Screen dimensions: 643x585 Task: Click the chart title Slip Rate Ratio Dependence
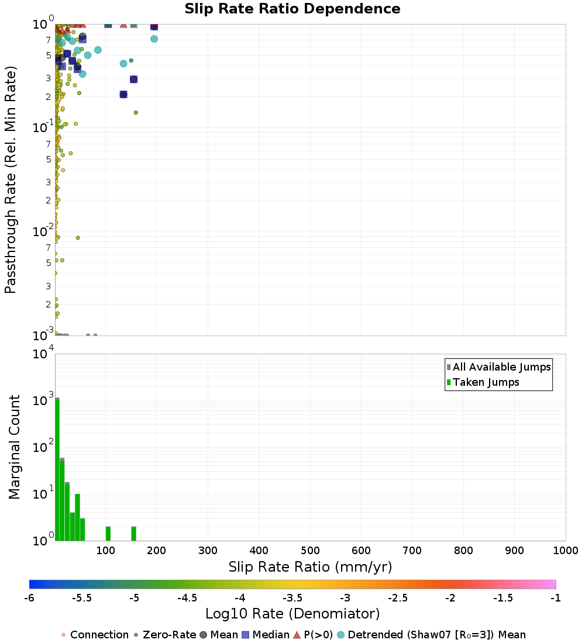292,9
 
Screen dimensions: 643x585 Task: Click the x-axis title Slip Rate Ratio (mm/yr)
310,567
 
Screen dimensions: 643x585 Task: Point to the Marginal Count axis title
15,447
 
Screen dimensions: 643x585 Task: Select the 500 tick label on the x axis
310,551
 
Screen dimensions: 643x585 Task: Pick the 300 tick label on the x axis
208,551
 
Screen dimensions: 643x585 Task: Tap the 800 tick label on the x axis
463,551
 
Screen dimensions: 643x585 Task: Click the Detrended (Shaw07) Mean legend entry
436,635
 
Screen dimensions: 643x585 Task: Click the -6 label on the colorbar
29,597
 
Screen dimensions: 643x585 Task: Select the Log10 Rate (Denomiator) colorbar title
292,614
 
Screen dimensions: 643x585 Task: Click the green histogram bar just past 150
133,534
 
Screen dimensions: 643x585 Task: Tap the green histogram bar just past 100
108,534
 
